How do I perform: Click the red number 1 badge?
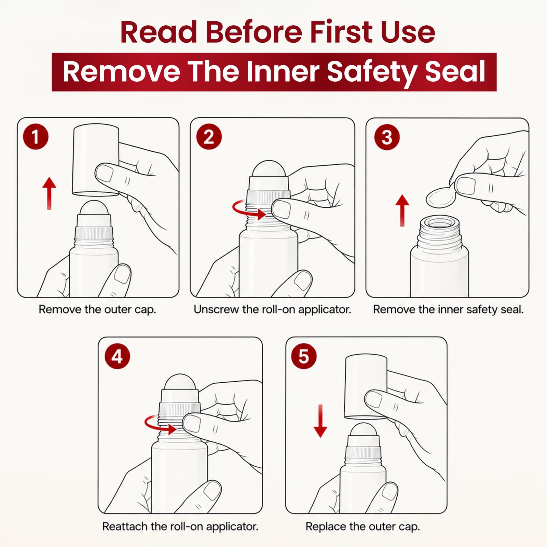click(36, 137)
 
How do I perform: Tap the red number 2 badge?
click(209, 137)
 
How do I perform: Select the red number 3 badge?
click(387, 137)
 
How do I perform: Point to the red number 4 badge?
click(117, 356)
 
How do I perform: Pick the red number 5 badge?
click(304, 356)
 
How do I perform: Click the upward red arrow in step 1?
click(49, 193)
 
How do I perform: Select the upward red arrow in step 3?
click(402, 210)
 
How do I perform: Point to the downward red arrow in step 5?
click(320, 421)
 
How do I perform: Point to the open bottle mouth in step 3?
click(439, 224)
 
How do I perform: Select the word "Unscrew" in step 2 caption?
click(217, 310)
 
